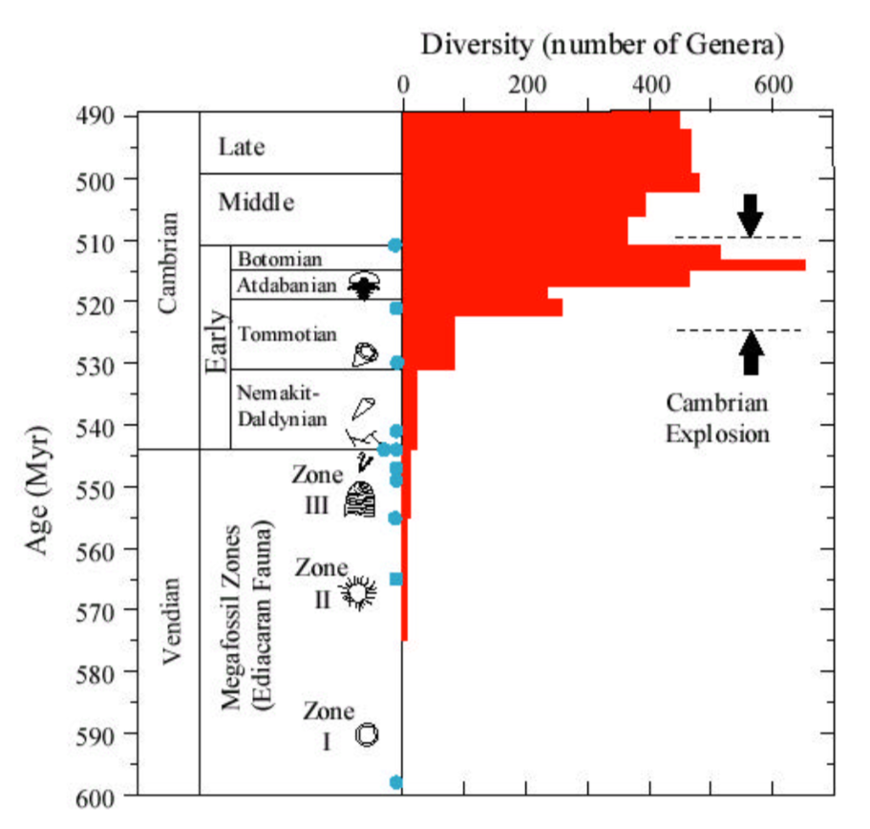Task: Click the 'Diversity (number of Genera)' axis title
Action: tap(603, 45)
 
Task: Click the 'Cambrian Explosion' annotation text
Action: tap(717, 417)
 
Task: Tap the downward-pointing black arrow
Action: tap(751, 214)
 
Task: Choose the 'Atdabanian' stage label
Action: tap(286, 285)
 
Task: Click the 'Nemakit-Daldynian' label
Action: tap(282, 405)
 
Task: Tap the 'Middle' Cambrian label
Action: tap(256, 202)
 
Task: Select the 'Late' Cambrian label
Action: tap(241, 147)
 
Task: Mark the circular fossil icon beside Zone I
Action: tap(367, 733)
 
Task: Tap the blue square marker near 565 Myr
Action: tap(396, 579)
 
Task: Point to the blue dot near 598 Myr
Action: tap(396, 783)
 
